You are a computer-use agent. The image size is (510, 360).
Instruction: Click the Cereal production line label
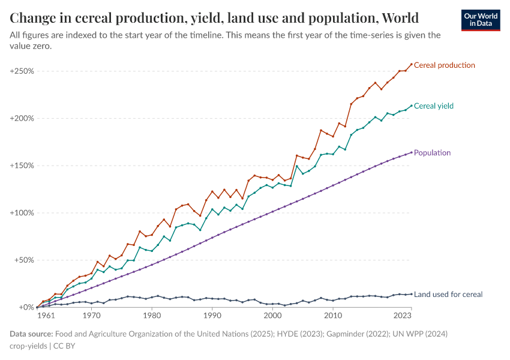pyautogui.click(x=444, y=65)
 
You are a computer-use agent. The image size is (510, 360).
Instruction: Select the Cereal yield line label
pyautogui.click(x=433, y=106)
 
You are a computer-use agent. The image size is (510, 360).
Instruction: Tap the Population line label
pyautogui.click(x=432, y=153)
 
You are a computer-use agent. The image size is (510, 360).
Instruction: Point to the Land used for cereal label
pyautogui.click(x=448, y=295)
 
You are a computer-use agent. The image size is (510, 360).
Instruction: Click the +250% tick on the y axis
pyautogui.click(x=22, y=71)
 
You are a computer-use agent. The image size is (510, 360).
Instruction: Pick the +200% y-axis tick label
pyautogui.click(x=22, y=118)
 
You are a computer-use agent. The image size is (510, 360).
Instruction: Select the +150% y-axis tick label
pyautogui.click(x=22, y=166)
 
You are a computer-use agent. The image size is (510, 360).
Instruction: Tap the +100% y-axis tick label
pyautogui.click(x=22, y=213)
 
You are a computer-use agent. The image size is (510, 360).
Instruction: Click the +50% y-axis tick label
pyautogui.click(x=23, y=260)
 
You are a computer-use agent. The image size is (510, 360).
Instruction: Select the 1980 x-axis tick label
pyautogui.click(x=152, y=315)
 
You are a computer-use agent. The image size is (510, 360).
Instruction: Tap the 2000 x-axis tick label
pyautogui.click(x=272, y=315)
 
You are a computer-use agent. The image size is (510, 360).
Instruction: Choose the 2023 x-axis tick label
pyautogui.click(x=402, y=315)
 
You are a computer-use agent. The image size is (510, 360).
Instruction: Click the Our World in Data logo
pyautogui.click(x=481, y=19)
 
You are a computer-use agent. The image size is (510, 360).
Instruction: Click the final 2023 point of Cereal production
pyautogui.click(x=411, y=64)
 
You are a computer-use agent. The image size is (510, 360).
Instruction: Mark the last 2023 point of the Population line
pyautogui.click(x=411, y=152)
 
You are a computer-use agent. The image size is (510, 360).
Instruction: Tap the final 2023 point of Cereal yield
pyautogui.click(x=411, y=106)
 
